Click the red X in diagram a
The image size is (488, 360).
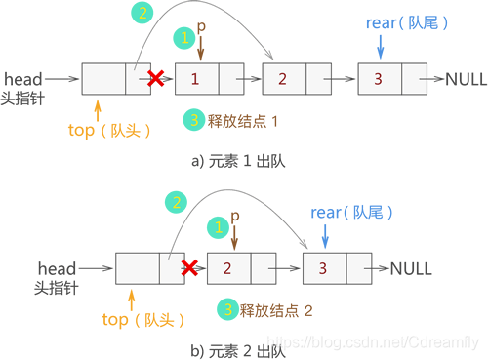point(152,77)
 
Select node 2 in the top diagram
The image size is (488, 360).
point(282,78)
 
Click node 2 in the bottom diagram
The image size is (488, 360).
point(226,266)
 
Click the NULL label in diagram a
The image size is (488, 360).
point(466,78)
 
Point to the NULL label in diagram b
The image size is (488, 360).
point(412,266)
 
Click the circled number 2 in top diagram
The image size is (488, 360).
point(142,13)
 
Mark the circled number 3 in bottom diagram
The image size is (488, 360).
point(226,309)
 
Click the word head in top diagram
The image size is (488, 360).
point(22,75)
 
